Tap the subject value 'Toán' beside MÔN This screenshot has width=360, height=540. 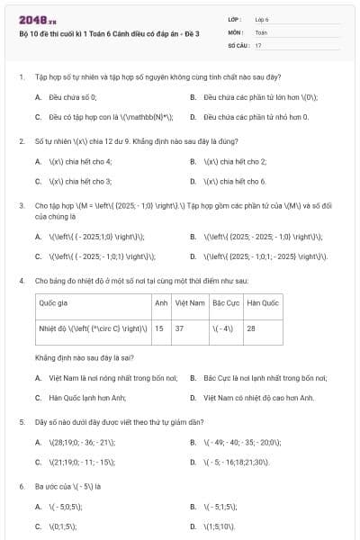[x=261, y=31]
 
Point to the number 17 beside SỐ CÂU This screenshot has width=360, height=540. [x=258, y=44]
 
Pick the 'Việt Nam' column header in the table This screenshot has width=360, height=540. [x=190, y=303]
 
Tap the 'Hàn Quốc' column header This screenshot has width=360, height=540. [x=263, y=303]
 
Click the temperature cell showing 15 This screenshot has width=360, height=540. [x=159, y=328]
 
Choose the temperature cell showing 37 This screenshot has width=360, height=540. [x=180, y=328]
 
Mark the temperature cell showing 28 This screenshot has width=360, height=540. [x=251, y=328]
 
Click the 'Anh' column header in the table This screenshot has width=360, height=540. [x=161, y=303]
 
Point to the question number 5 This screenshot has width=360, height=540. [x=20, y=422]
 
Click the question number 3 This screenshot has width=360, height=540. [x=20, y=206]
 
